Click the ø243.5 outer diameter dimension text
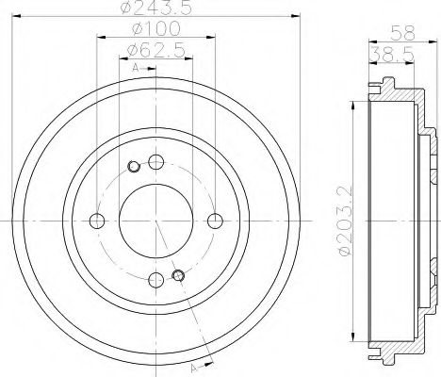156,12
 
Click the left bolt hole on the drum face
96,221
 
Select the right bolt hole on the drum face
216,221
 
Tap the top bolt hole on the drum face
155,161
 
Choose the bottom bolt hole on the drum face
155,280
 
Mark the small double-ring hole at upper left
133,168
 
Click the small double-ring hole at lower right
178,275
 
